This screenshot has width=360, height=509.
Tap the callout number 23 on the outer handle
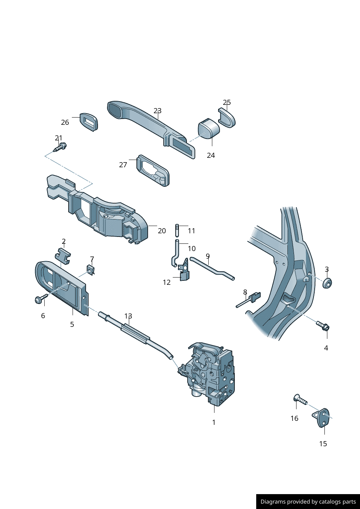[157, 111]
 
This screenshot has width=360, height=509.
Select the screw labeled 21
[60, 147]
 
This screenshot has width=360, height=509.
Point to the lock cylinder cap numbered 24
[209, 129]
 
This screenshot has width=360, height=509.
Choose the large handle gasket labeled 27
[153, 170]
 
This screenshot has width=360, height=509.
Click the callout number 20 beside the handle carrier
[162, 231]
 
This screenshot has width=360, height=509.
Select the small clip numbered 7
[90, 270]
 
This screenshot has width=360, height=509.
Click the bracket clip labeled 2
[62, 255]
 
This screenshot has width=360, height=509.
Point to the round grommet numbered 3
[328, 283]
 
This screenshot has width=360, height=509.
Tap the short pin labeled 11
[177, 230]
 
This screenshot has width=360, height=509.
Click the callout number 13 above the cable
[128, 316]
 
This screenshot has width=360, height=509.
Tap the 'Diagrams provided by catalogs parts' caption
[308, 502]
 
